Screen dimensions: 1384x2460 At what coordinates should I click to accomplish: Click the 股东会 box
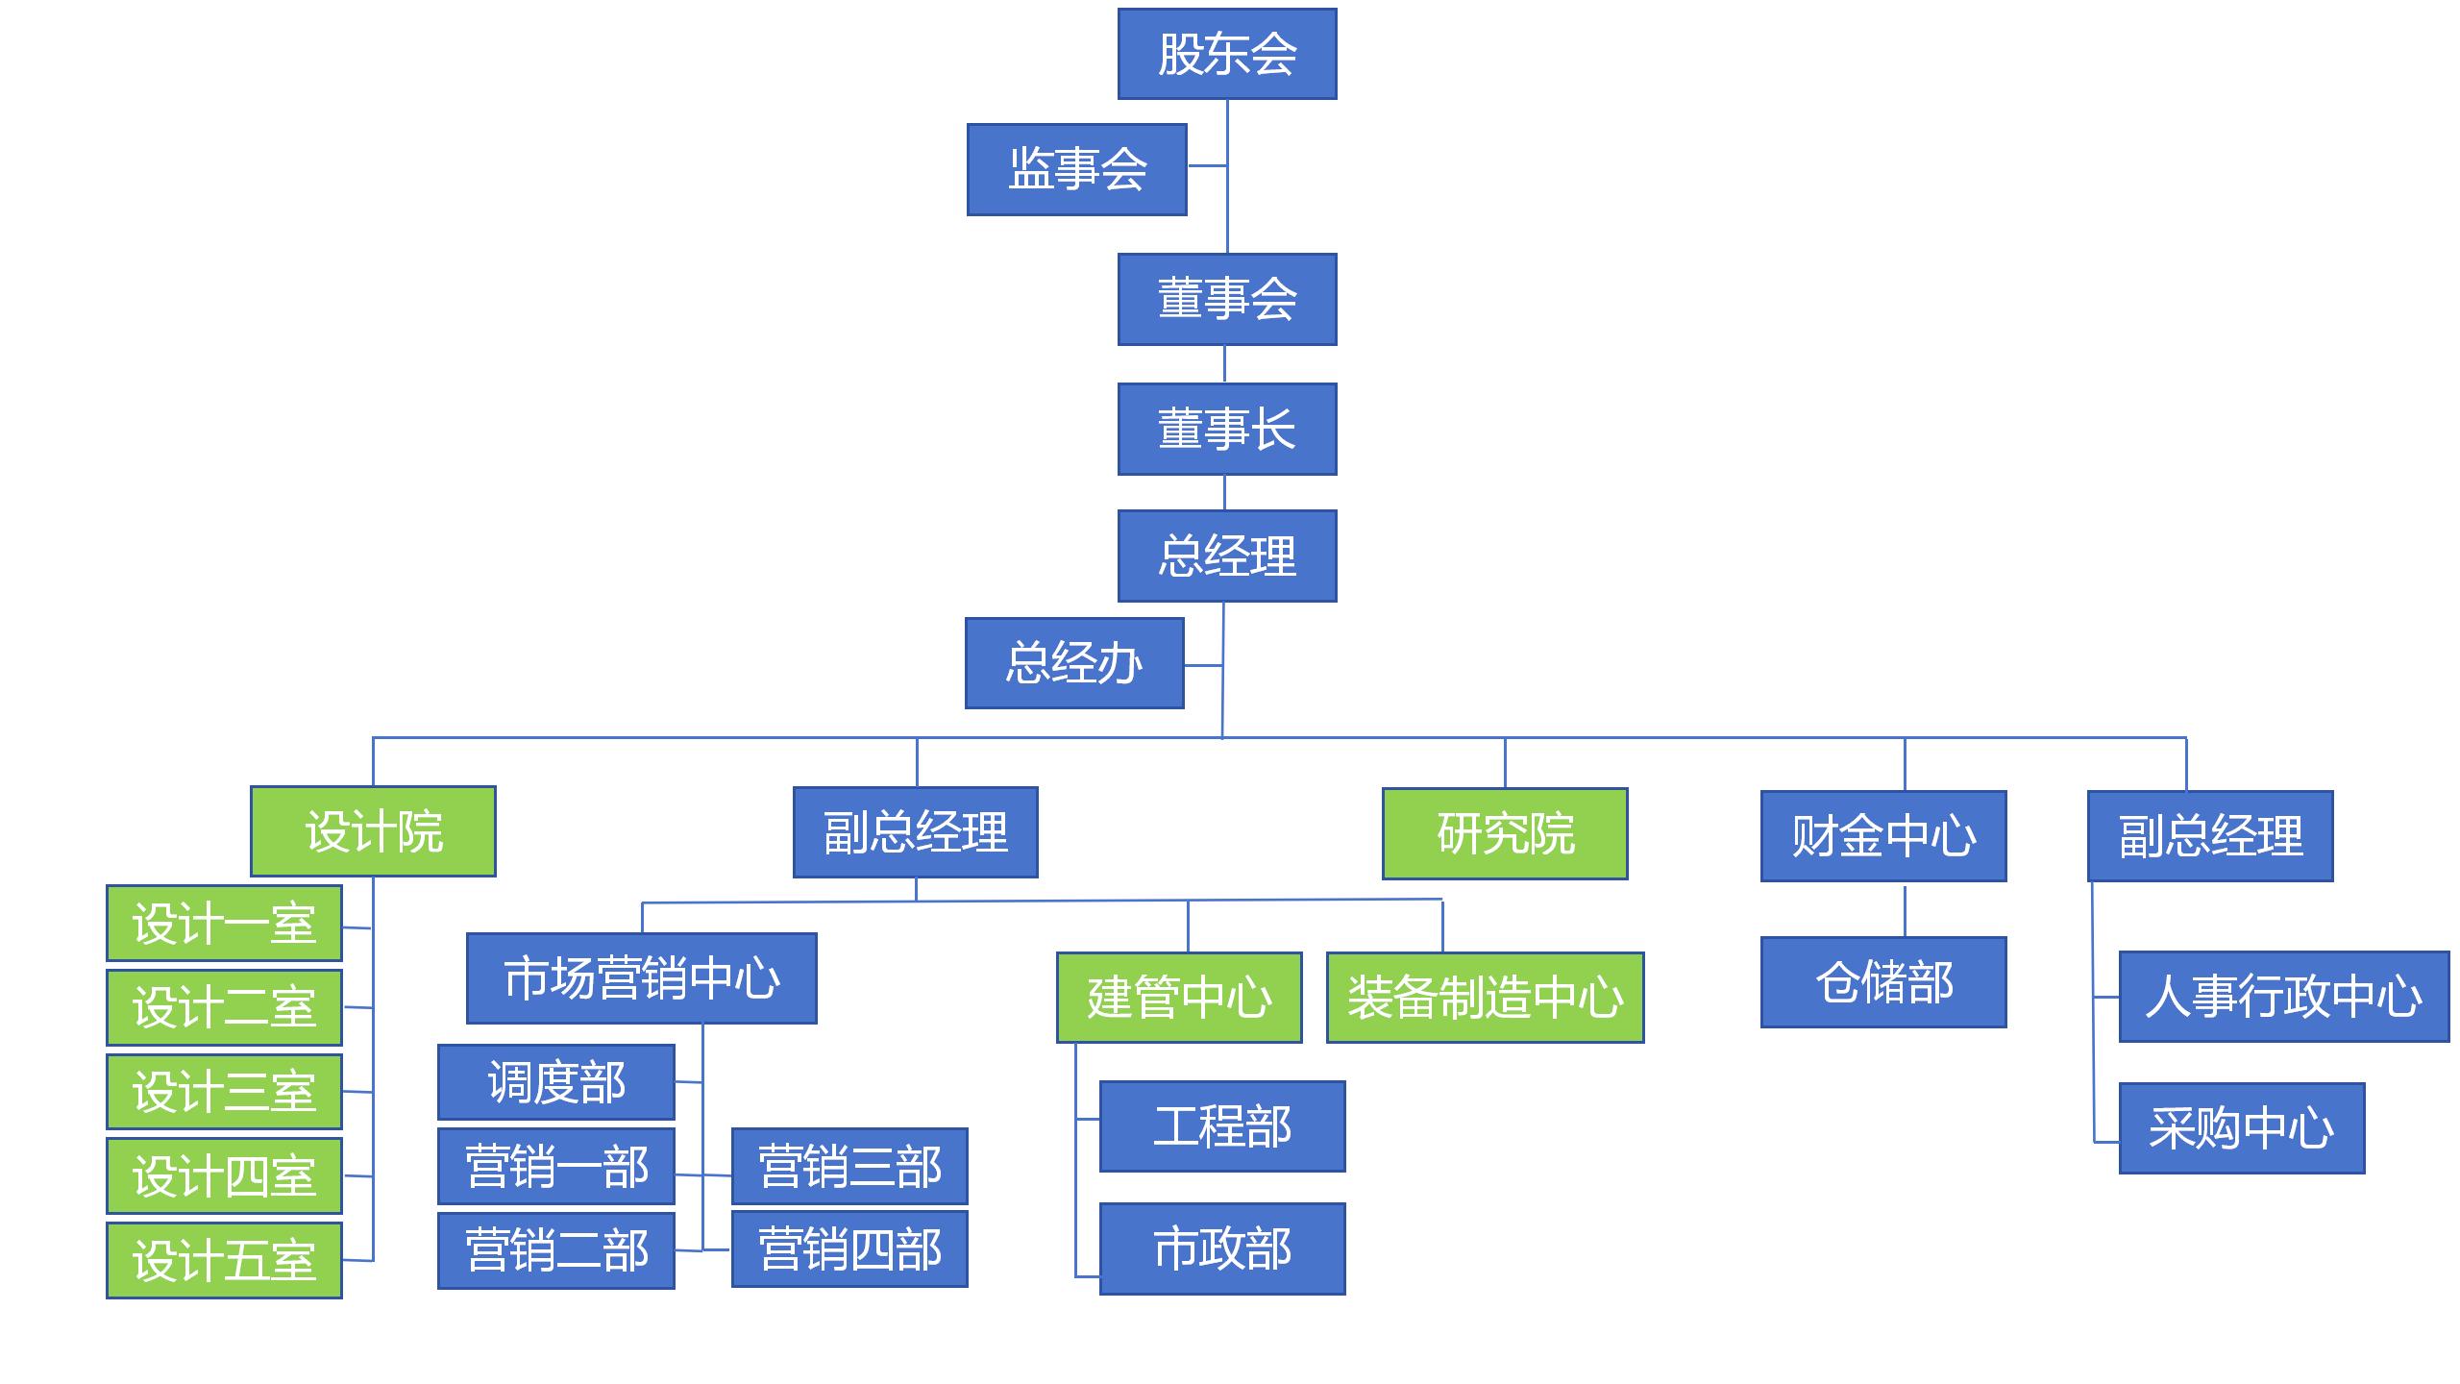point(1227,54)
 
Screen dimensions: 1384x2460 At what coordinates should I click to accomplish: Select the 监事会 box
point(1076,169)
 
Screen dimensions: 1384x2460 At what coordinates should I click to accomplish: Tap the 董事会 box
point(1227,299)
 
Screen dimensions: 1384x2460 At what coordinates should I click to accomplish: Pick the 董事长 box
point(1227,429)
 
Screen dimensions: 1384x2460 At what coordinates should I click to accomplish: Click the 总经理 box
point(1227,556)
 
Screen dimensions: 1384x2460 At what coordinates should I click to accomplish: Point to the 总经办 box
point(1074,663)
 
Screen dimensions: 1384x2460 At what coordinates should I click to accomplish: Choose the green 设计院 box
point(373,831)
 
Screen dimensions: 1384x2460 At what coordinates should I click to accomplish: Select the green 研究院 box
point(1505,833)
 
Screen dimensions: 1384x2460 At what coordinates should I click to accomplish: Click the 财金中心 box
point(1883,836)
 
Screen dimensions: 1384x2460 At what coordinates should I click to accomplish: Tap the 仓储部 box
point(1883,982)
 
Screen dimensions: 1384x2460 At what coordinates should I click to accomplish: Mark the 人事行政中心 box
point(2283,997)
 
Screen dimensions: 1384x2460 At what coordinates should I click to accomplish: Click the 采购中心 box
point(2241,1128)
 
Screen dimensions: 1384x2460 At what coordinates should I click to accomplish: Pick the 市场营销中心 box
point(642,978)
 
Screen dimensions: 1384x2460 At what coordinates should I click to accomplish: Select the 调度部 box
point(556,1082)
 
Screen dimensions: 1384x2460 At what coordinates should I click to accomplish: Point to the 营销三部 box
point(849,1167)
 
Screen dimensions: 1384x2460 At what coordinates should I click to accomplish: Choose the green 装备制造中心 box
point(1485,998)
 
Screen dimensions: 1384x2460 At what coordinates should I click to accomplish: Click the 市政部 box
point(1222,1248)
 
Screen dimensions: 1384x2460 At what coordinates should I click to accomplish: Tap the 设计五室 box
point(224,1260)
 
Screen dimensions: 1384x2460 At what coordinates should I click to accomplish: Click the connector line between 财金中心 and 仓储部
point(1905,909)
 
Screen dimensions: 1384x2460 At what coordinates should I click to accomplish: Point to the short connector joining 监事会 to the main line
point(1207,165)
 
